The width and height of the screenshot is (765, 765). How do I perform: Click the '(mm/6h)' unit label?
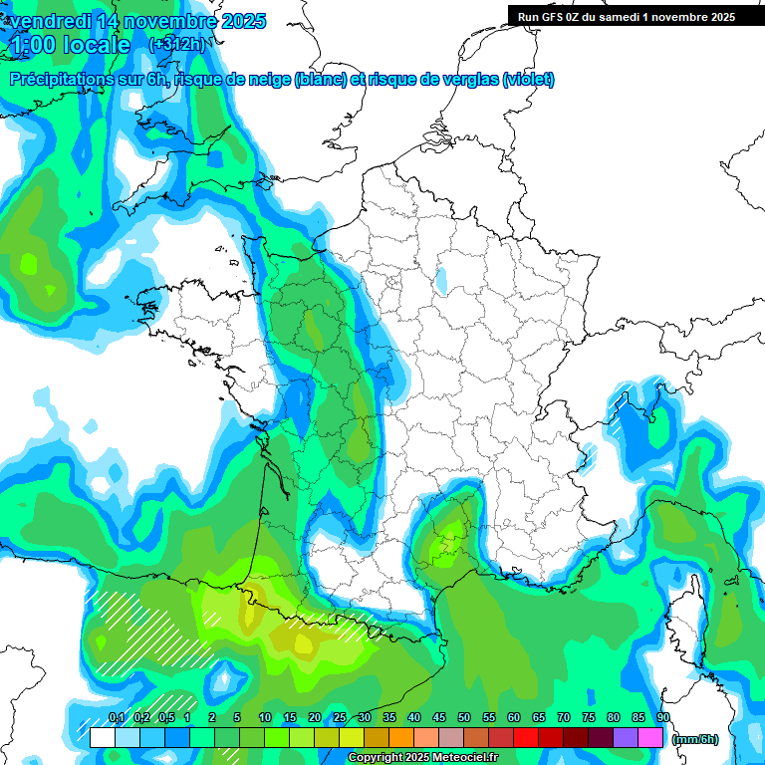point(694,739)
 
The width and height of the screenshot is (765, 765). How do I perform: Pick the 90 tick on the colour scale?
point(662,718)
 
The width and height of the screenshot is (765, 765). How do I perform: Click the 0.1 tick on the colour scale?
point(116,718)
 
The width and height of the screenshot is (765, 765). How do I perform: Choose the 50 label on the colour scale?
point(464,718)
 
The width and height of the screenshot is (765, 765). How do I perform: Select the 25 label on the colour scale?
point(340,718)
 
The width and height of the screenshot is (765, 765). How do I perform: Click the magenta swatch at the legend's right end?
point(650,738)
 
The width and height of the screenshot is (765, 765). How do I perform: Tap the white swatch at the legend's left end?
point(102,738)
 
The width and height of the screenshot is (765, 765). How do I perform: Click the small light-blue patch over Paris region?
point(440,281)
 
